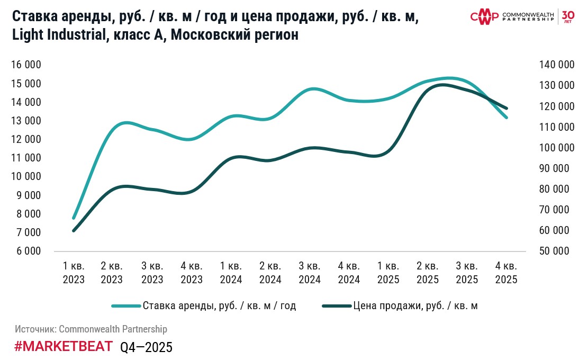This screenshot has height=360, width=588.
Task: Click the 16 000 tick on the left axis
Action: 26,65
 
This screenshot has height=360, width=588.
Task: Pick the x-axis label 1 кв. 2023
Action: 74,273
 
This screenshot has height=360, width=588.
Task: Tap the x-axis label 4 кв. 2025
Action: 506,273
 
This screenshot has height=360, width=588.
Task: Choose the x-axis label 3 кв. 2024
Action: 310,273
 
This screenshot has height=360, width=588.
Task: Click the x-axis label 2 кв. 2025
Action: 428,273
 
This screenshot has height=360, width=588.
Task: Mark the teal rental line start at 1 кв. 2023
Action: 74,218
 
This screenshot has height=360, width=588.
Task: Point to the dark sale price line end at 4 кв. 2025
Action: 506,108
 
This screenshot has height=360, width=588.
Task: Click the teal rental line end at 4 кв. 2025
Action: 506,118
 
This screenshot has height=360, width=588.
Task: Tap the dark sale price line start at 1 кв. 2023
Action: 74,230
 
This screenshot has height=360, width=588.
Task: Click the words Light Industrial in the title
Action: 57,35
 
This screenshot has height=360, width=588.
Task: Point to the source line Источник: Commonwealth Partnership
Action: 91,329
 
